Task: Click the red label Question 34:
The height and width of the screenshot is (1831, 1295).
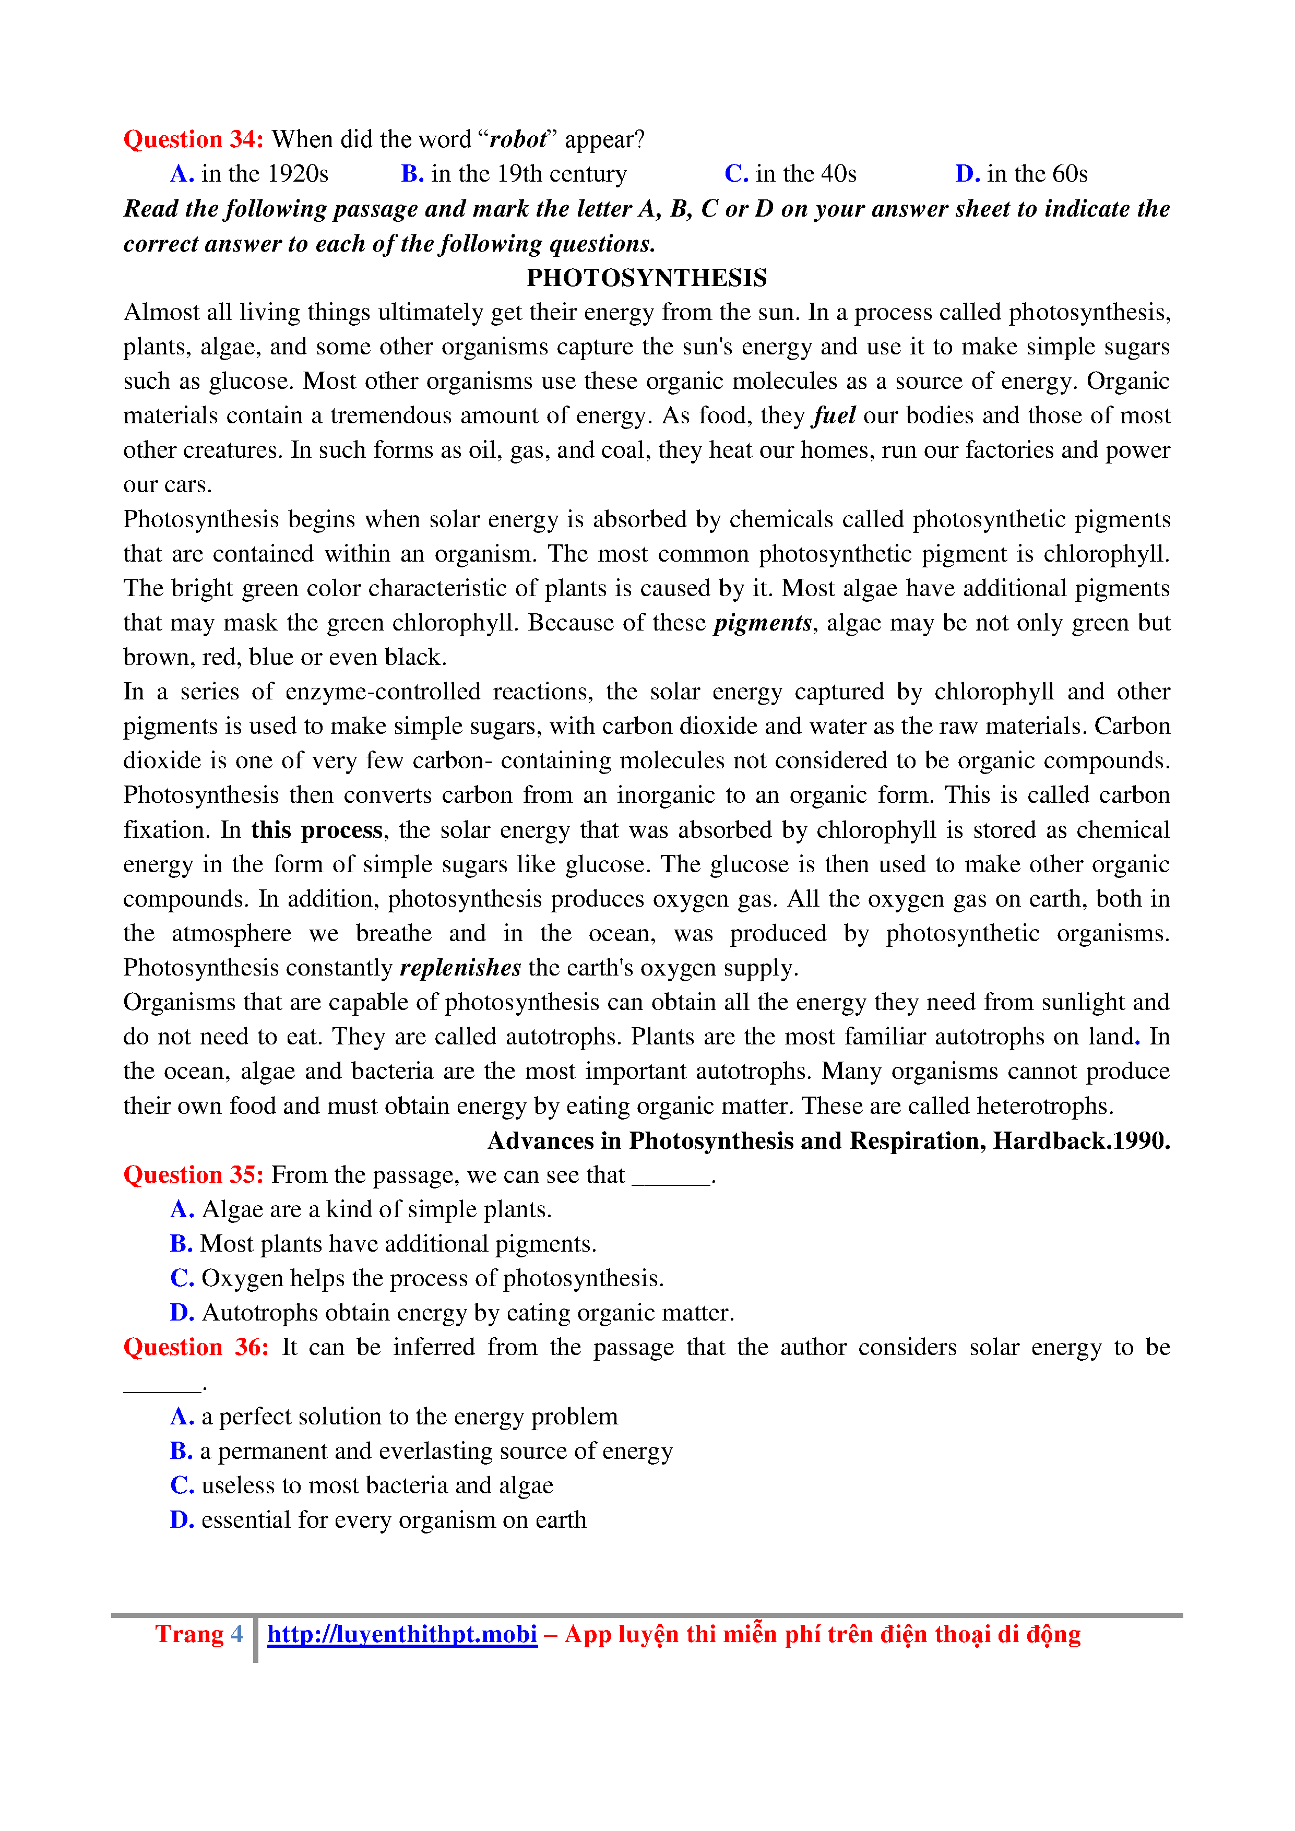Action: pyautogui.click(x=193, y=139)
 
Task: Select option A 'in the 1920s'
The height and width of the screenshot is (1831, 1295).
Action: pyautogui.click(x=250, y=174)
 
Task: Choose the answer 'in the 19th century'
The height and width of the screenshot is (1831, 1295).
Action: pyautogui.click(x=514, y=174)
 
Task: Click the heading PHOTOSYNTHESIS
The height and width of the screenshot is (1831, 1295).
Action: pyautogui.click(x=647, y=278)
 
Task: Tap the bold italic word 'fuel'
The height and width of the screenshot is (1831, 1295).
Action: pyautogui.click(x=834, y=415)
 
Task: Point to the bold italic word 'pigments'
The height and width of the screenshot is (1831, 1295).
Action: pyautogui.click(x=762, y=623)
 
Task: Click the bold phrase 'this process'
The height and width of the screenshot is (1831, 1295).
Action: pyautogui.click(x=317, y=830)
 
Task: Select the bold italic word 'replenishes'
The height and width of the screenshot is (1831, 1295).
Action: pyautogui.click(x=460, y=968)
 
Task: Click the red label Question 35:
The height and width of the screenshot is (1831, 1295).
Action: pyautogui.click(x=193, y=1175)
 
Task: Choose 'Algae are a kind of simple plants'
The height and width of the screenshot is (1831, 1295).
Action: pyautogui.click(x=361, y=1210)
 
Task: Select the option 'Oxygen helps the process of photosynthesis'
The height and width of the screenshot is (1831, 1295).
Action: pyautogui.click(x=417, y=1278)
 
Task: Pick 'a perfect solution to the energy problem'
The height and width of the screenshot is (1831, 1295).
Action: pyautogui.click(x=394, y=1417)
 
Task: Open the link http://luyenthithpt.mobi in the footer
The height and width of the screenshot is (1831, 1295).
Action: pyautogui.click(x=402, y=1634)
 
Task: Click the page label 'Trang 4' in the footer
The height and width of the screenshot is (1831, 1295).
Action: pyautogui.click(x=198, y=1634)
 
